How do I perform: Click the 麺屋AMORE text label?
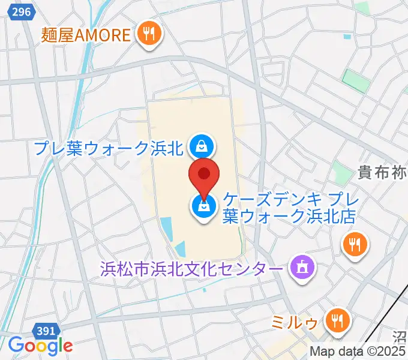click(86, 34)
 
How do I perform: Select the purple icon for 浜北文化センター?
click(299, 265)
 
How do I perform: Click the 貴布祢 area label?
click(382, 173)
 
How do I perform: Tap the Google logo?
click(40, 346)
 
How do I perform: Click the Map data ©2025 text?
click(358, 351)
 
